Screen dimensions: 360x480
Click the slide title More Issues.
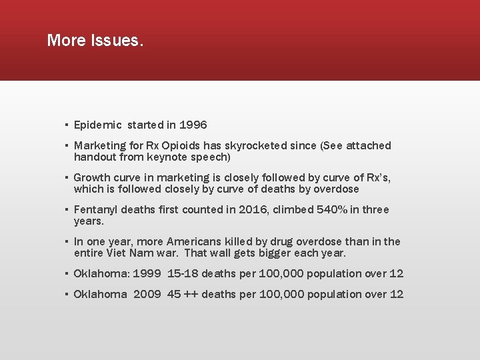tap(95, 41)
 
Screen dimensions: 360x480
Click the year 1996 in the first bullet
tap(193, 125)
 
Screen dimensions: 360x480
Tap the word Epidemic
tap(98, 125)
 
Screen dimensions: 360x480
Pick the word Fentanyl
tap(97, 209)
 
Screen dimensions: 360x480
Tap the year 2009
tap(147, 294)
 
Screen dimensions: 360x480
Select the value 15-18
tap(183, 273)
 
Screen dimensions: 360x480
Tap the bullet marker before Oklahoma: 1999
tap(67, 274)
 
